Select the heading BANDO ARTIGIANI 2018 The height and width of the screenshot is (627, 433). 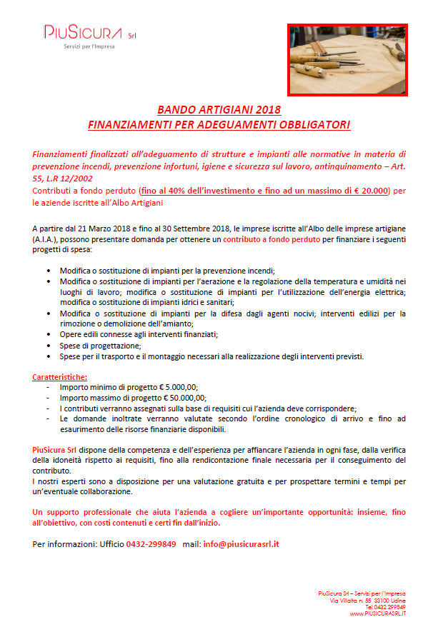[x=219, y=110]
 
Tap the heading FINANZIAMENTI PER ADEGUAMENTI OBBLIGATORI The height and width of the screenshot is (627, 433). [x=219, y=124]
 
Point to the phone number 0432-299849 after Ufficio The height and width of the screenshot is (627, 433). [x=151, y=543]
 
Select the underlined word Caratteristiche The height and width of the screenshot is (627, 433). [x=61, y=376]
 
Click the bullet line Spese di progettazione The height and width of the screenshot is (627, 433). [x=101, y=345]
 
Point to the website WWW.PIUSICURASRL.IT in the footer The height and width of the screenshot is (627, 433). [x=378, y=613]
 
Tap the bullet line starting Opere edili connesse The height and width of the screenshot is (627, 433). [x=139, y=334]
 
